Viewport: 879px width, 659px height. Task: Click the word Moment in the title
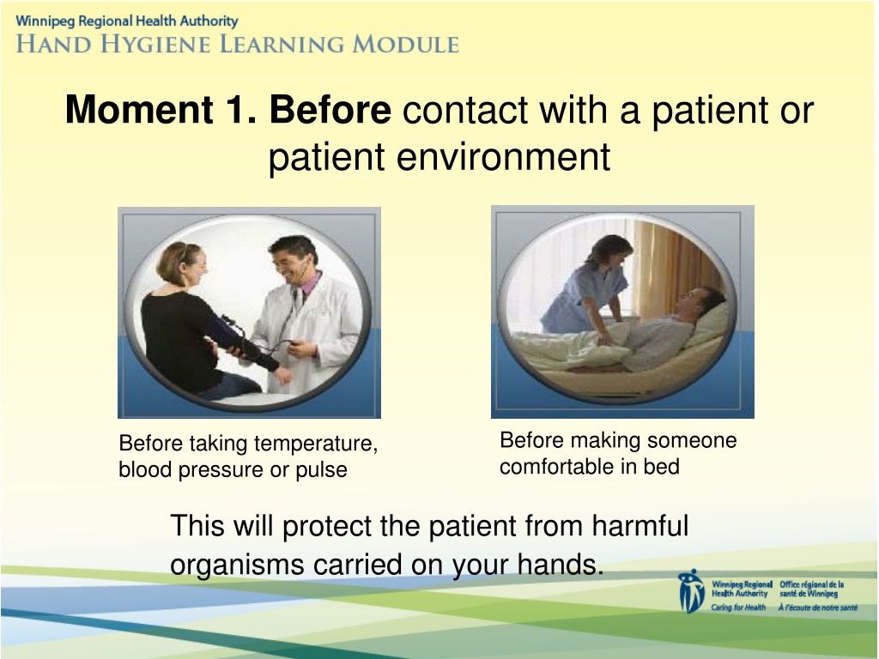point(139,109)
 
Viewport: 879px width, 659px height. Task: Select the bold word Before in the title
point(330,109)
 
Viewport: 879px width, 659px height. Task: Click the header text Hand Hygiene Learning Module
point(238,44)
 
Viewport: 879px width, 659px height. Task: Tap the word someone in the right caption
point(692,440)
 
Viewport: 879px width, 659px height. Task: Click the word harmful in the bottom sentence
point(640,526)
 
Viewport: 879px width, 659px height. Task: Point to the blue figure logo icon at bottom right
point(691,591)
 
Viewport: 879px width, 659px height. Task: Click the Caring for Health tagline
point(738,608)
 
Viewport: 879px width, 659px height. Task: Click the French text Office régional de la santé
point(812,589)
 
